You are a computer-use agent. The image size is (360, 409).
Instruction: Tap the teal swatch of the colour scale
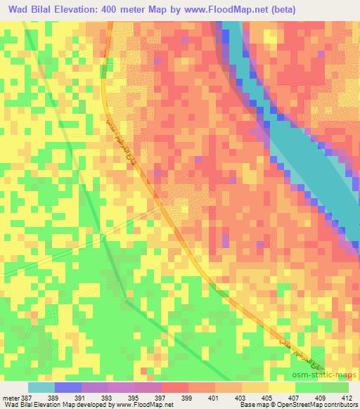[x=41, y=387]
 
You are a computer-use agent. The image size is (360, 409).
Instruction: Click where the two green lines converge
[x=125, y=301]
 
